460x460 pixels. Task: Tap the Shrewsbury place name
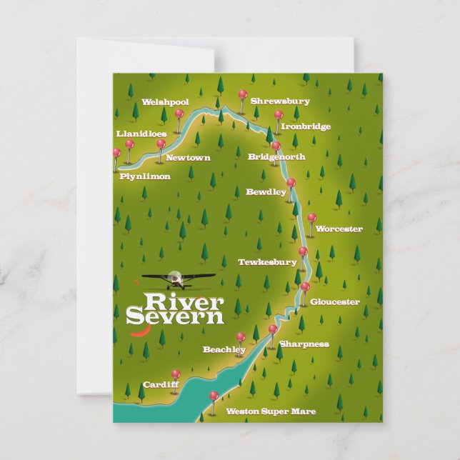click(280, 101)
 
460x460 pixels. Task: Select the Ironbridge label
click(306, 126)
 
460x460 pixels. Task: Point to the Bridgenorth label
click(276, 157)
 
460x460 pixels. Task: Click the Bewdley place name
click(266, 191)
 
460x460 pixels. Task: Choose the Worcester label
click(339, 229)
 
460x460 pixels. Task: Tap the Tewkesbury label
click(267, 262)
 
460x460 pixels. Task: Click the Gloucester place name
click(334, 302)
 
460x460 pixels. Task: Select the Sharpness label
click(304, 344)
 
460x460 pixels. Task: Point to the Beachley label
click(224, 350)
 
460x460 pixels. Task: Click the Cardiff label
click(160, 384)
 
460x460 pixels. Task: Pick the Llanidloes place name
click(141, 134)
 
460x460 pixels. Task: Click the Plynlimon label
click(145, 176)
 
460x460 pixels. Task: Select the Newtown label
click(188, 158)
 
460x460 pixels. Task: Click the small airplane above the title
click(177, 277)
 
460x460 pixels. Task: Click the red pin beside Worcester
click(311, 217)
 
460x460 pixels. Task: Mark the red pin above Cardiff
click(175, 374)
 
